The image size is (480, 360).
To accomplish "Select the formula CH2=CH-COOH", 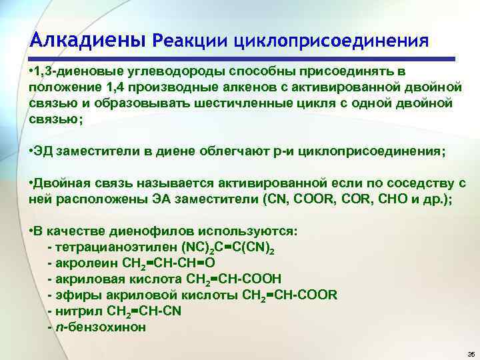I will coord(233,279).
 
